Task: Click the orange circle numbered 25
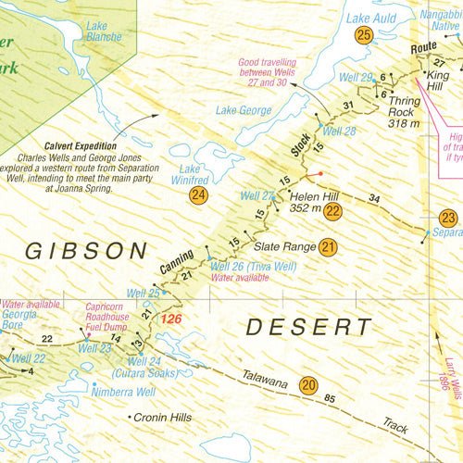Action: [364, 35]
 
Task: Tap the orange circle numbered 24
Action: [197, 195]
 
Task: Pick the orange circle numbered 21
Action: [328, 247]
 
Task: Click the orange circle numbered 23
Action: [448, 219]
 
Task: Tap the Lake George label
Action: [244, 111]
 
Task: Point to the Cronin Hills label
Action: [163, 418]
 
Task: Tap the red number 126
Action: [172, 319]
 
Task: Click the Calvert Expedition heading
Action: [80, 145]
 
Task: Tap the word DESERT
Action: [309, 326]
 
